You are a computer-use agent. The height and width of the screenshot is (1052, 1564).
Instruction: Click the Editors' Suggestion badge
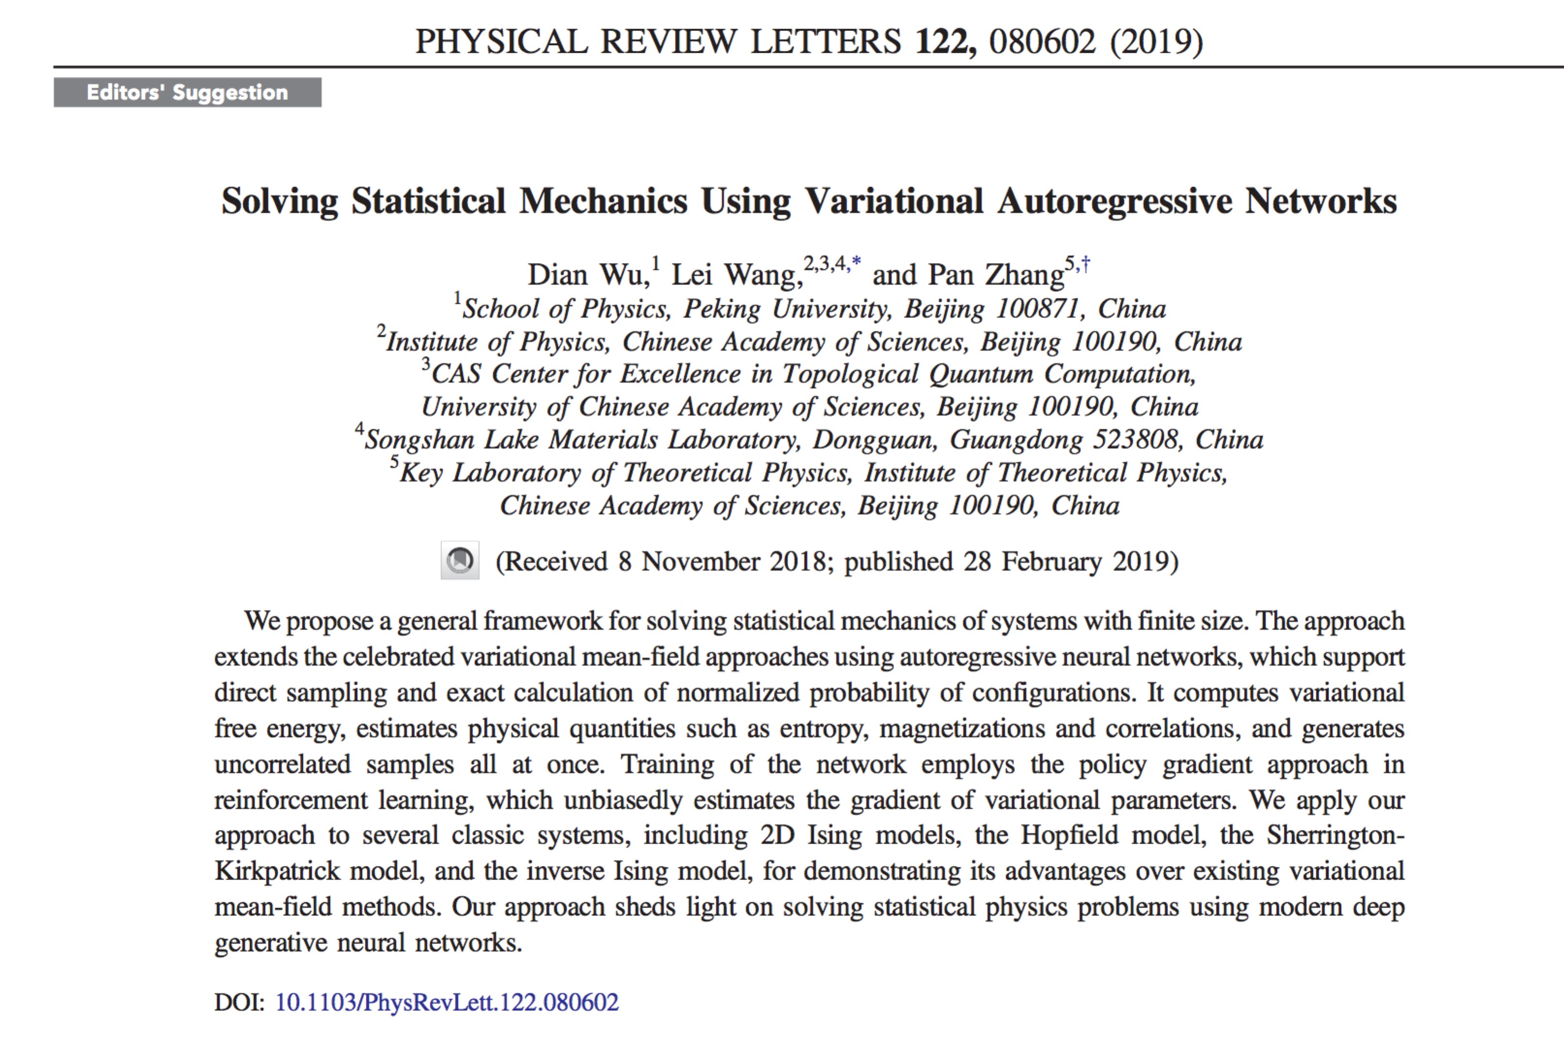(x=187, y=93)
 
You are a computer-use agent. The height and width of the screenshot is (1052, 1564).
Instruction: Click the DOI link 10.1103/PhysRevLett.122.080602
(x=447, y=1002)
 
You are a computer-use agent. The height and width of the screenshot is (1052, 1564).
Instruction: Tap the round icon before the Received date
(x=460, y=560)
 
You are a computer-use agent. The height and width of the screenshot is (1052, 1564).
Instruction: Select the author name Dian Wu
(x=588, y=275)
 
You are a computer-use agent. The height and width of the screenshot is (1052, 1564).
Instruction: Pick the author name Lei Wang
(x=736, y=275)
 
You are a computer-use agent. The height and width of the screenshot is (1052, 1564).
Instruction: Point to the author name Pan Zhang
(x=996, y=275)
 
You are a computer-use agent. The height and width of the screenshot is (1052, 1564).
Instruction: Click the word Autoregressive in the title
(x=1114, y=201)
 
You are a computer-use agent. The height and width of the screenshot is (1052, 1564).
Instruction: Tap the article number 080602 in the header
(x=1042, y=42)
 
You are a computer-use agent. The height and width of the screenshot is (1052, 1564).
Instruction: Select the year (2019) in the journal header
(x=1156, y=42)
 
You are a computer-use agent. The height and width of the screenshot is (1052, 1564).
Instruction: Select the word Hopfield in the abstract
(x=1069, y=835)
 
